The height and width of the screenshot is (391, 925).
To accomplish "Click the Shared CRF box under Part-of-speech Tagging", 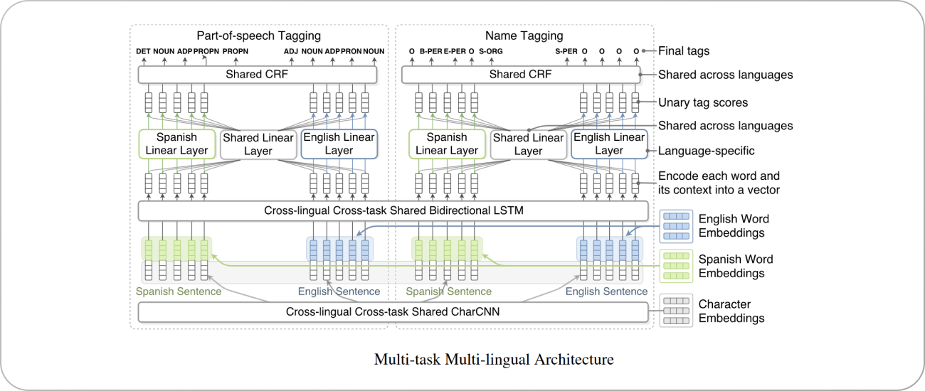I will click(257, 75).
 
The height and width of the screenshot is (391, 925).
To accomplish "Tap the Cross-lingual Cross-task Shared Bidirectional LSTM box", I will click(393, 210).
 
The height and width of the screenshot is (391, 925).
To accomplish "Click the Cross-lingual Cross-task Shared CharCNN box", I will click(393, 311).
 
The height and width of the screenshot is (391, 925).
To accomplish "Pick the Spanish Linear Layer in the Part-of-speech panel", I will click(177, 144).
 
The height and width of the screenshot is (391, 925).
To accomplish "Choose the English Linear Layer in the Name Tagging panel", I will click(609, 144).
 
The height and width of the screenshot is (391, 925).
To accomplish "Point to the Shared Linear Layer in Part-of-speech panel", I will click(258, 144).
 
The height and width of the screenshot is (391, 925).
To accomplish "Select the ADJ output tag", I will click(291, 51).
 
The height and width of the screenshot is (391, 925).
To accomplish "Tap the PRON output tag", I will click(351, 51).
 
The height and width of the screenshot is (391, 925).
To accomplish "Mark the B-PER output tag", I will click(430, 51).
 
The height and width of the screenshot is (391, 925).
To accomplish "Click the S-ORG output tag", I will click(491, 51).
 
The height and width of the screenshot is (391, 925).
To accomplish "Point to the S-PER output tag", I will click(566, 51).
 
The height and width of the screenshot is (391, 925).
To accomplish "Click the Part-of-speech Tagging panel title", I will click(258, 36).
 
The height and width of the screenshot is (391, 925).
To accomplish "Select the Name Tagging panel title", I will click(524, 36).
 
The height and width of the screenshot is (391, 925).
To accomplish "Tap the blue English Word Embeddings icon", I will click(675, 226).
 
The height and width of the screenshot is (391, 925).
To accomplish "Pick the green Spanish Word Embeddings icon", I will click(675, 267).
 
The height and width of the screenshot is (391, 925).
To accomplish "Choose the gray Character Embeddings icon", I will click(675, 311).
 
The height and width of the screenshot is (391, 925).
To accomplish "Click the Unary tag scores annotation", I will click(702, 102).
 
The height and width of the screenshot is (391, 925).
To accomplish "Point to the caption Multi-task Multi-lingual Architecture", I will click(493, 359).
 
